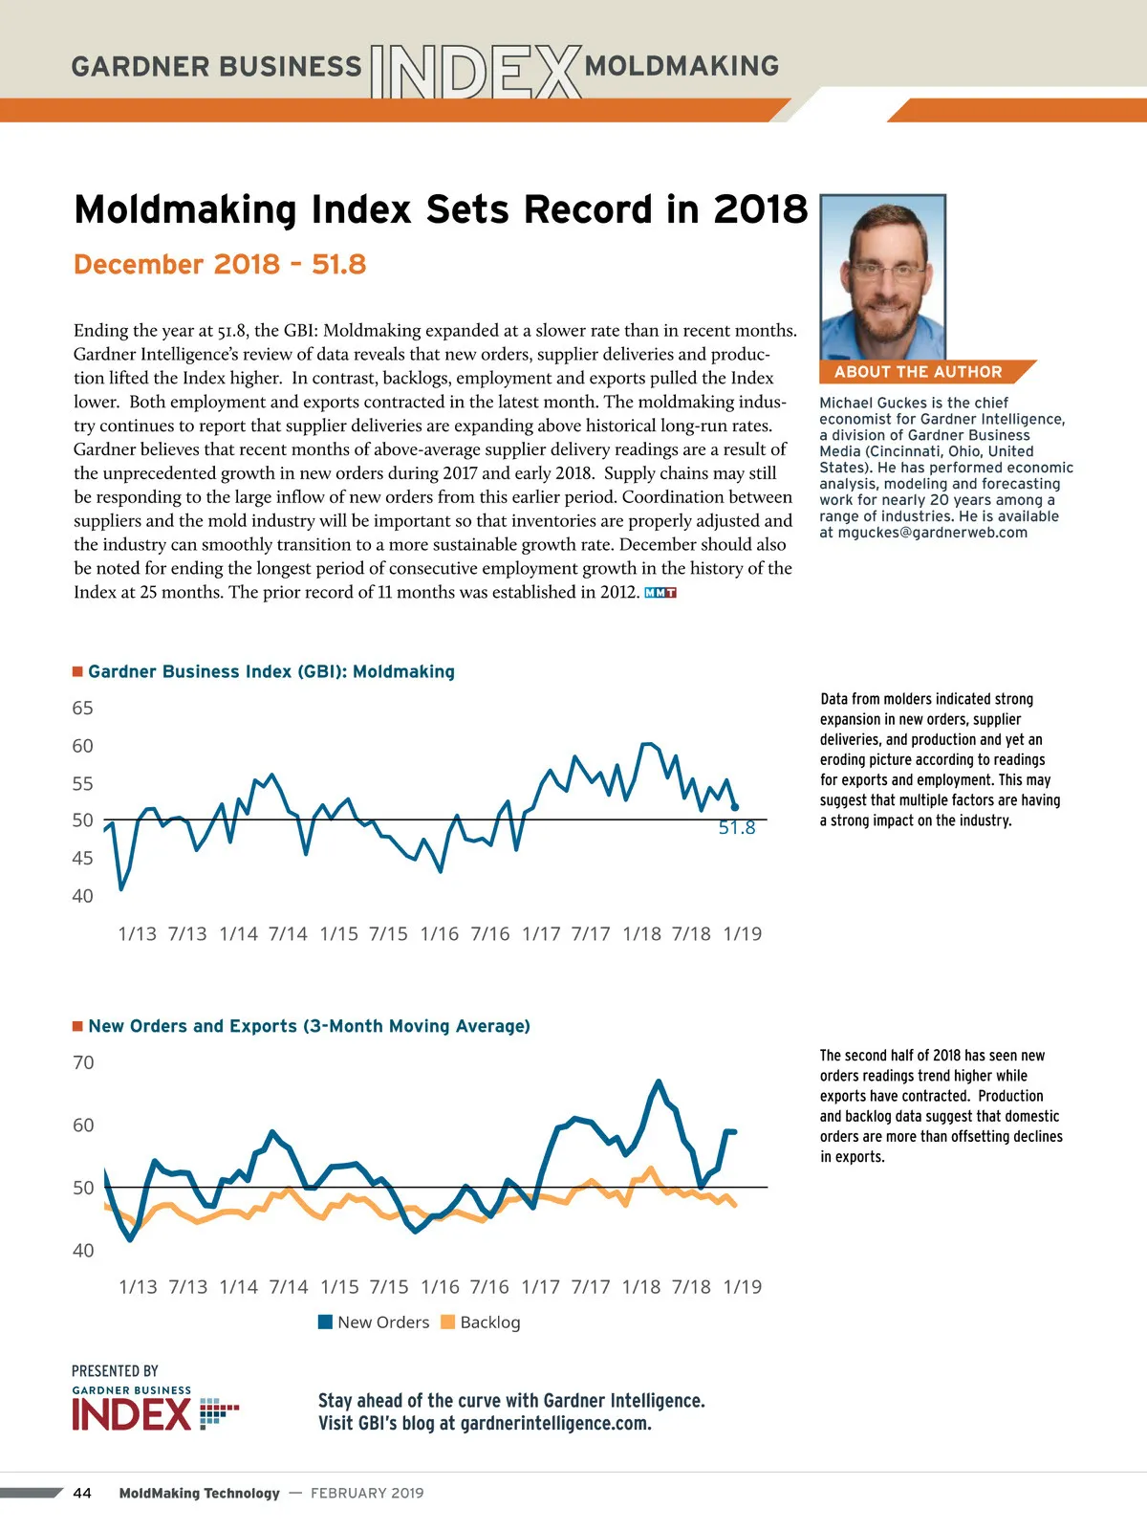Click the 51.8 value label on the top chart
click(x=737, y=828)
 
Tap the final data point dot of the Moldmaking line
click(x=734, y=807)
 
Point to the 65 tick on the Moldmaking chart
click(x=83, y=709)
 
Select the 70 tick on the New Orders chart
click(x=84, y=1063)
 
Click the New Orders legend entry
click(x=374, y=1322)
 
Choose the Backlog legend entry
click(x=481, y=1322)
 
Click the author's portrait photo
click(x=883, y=277)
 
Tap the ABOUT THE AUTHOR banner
click(x=918, y=372)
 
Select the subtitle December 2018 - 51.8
click(x=220, y=265)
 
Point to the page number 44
click(x=82, y=1493)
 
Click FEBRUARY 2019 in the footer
click(x=367, y=1493)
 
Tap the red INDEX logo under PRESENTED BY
click(x=132, y=1414)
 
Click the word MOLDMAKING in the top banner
click(x=682, y=66)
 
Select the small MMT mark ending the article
click(x=660, y=593)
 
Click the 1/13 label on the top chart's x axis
click(x=137, y=934)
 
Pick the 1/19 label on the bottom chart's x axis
click(x=743, y=1287)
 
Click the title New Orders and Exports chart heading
click(x=309, y=1026)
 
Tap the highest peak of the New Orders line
click(x=659, y=1082)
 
